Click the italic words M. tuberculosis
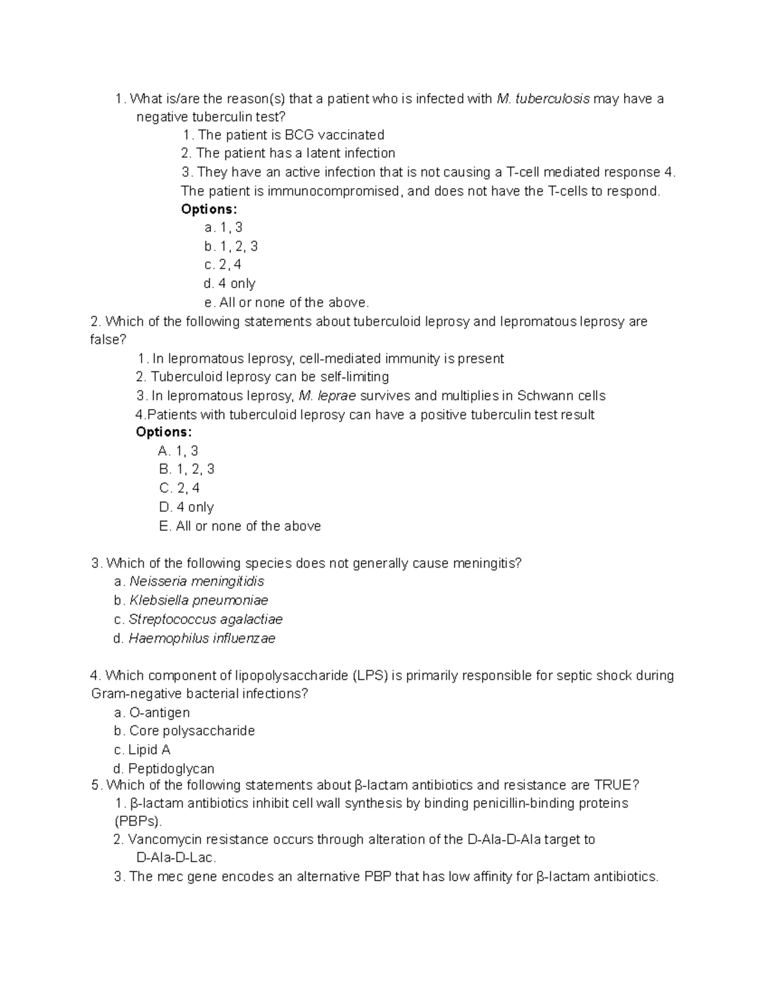coord(543,99)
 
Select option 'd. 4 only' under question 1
coord(229,283)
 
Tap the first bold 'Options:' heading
coord(209,209)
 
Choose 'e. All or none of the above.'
coord(286,302)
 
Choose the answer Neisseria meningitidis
coord(196,582)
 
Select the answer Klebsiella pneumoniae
coord(198,600)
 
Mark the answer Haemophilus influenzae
coord(201,638)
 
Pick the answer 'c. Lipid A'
coord(142,750)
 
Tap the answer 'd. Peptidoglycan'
coord(163,768)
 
